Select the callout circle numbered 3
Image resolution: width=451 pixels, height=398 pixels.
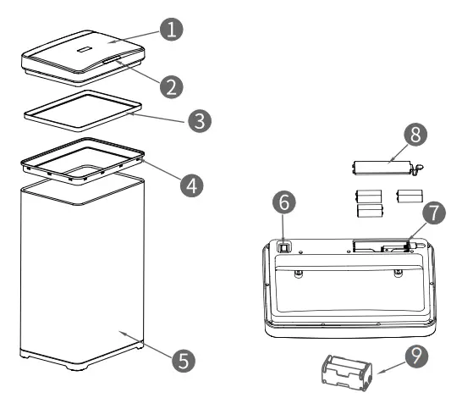(x=198, y=120)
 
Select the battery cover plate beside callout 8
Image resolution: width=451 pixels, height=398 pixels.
(x=381, y=164)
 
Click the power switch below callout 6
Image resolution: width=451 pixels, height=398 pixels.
(x=285, y=246)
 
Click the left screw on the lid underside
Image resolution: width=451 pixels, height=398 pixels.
(x=298, y=272)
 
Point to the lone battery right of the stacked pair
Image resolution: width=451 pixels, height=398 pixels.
(x=409, y=196)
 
